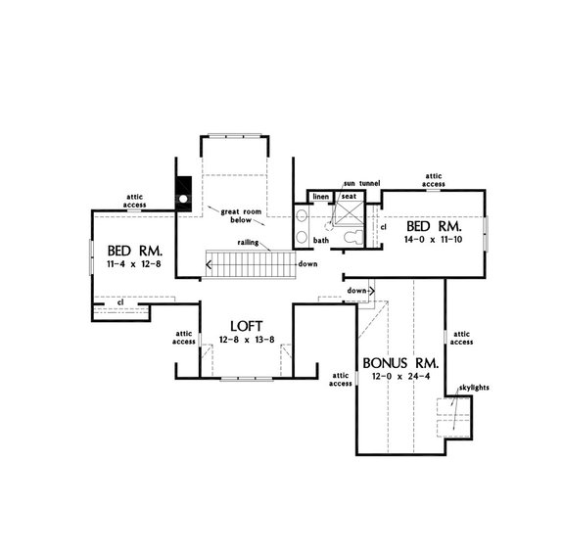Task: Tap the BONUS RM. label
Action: click(x=400, y=361)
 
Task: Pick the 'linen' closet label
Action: click(x=320, y=197)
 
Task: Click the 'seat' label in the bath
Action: click(x=348, y=197)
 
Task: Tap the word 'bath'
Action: click(x=321, y=240)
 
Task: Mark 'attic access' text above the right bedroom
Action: click(x=434, y=180)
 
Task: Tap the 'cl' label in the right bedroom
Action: click(x=383, y=226)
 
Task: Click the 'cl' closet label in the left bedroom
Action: click(x=119, y=302)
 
